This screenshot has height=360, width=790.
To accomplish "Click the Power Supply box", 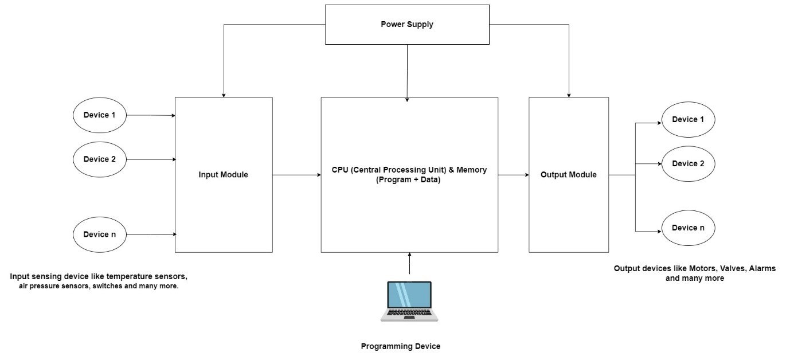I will pyautogui.click(x=407, y=25).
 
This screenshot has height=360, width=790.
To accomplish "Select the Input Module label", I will pyautogui.click(x=223, y=175).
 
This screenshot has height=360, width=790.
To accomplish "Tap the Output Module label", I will pyautogui.click(x=568, y=175).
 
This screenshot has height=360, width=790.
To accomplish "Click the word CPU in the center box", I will pyautogui.click(x=339, y=170).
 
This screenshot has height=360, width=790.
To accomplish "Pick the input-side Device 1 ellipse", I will pyautogui.click(x=99, y=115).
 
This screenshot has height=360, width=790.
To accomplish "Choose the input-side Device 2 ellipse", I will pyautogui.click(x=99, y=159).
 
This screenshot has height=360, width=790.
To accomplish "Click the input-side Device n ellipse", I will pyautogui.click(x=99, y=234).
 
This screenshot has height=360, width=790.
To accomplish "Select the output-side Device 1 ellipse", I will pyautogui.click(x=688, y=120).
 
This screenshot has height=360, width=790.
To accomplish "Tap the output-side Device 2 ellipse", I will pyautogui.click(x=688, y=164).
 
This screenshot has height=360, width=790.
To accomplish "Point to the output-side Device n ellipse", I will pyautogui.click(x=688, y=228).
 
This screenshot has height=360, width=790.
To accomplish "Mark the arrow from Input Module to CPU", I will pyautogui.click(x=296, y=175).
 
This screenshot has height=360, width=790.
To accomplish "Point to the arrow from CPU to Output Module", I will pyautogui.click(x=513, y=175).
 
